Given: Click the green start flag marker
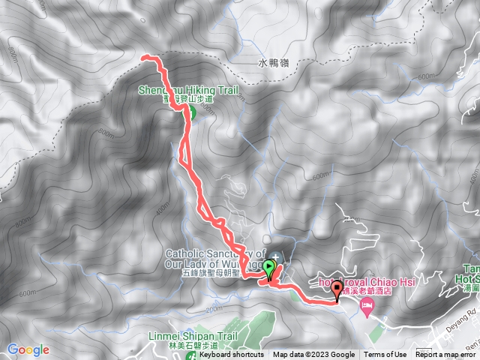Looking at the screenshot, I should pos(270,268).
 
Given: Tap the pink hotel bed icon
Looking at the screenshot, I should pos(367,305).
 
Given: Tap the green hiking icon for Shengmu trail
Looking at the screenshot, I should pos(190,114).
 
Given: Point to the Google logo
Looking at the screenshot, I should pos(28,349).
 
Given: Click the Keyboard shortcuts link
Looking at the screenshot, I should pos(231,355).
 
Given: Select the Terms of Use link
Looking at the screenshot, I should pos(386,355).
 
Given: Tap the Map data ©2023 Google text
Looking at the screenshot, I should pos(313,355).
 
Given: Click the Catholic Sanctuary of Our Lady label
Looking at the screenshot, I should pos(215,257).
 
